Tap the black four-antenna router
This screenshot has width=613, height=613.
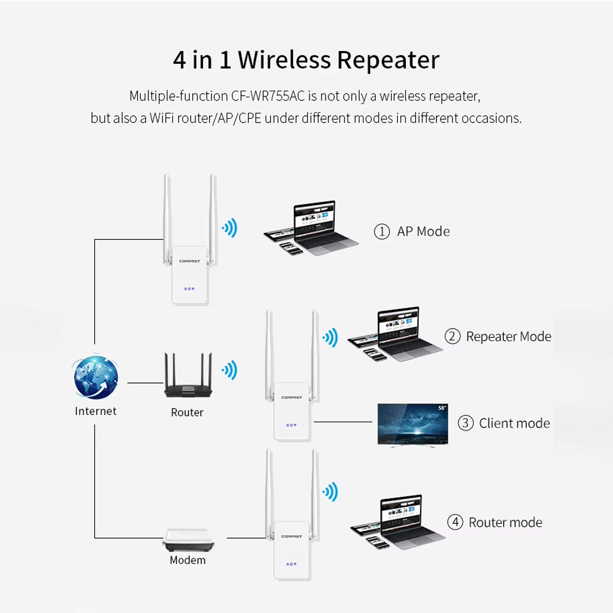coord(187,380)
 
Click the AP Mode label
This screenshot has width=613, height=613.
coord(423,231)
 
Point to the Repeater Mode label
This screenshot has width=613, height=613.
coord(508,337)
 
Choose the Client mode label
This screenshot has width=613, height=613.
coord(514,423)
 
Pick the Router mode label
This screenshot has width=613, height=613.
coord(505,522)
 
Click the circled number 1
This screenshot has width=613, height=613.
coord(382,232)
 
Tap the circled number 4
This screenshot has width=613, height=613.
coord(455,522)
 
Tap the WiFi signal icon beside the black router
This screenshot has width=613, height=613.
coord(229,370)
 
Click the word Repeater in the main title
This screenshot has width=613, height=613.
coord(388,60)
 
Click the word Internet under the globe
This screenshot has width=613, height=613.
coord(96,411)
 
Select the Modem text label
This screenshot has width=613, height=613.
coord(188,560)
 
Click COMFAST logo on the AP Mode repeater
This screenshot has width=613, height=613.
coord(189,261)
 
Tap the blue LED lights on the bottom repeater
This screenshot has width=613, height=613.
coord(291,563)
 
